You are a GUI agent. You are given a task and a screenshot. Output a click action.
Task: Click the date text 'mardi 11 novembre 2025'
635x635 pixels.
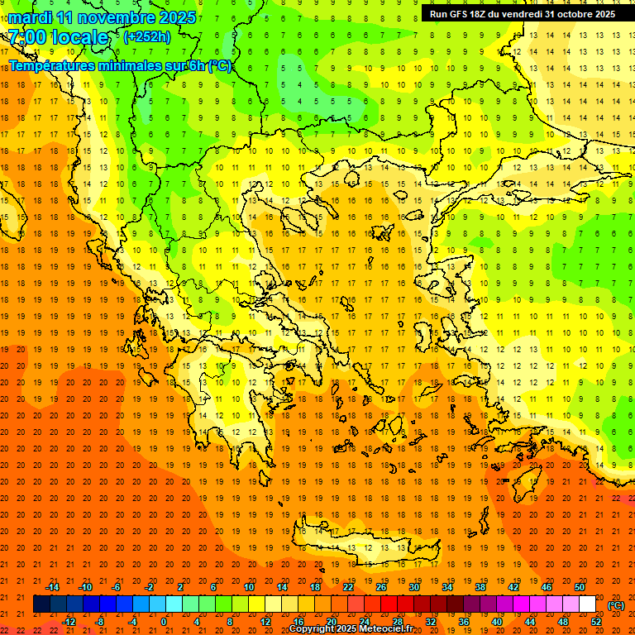pyautogui.click(x=102, y=17)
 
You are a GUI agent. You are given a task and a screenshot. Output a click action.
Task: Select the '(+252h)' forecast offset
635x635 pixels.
pyautogui.click(x=147, y=36)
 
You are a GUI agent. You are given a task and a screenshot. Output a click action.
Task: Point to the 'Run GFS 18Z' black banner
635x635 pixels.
pyautogui.click(x=522, y=14)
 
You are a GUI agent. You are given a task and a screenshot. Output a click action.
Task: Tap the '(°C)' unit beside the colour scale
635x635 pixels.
pyautogui.click(x=615, y=605)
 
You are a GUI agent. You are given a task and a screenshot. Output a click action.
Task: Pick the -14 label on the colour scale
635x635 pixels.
pyautogui.click(x=52, y=587)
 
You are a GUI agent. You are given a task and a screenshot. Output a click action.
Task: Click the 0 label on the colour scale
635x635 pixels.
pyautogui.click(x=163, y=622)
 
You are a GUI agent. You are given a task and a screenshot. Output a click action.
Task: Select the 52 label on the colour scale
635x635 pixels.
pyautogui.click(x=596, y=622)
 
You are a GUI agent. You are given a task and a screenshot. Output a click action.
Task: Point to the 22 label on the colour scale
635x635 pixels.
pyautogui.click(x=348, y=587)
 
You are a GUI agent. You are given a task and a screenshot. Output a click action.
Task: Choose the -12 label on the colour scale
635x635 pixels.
pyautogui.click(x=69, y=622)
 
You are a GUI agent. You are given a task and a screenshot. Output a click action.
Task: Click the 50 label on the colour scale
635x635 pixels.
pyautogui.click(x=580, y=587)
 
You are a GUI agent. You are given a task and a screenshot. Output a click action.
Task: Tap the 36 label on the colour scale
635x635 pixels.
pyautogui.click(x=464, y=622)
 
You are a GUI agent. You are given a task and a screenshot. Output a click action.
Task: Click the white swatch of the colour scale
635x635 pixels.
pyautogui.click(x=587, y=604)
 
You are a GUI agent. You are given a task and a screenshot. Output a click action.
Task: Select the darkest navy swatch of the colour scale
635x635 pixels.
pyautogui.click(x=41, y=604)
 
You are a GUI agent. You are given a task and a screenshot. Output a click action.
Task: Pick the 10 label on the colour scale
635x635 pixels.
pyautogui.click(x=249, y=587)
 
